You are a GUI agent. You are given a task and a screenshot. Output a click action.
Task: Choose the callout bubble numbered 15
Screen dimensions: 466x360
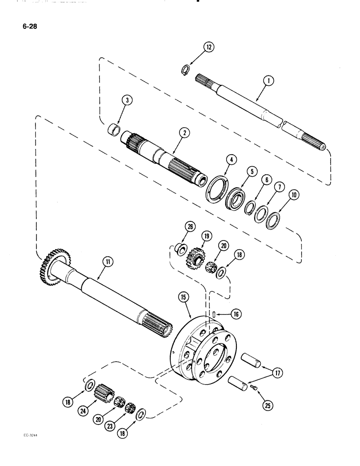[180, 296]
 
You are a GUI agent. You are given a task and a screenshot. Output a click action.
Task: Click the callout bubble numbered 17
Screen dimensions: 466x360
[278, 374]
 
